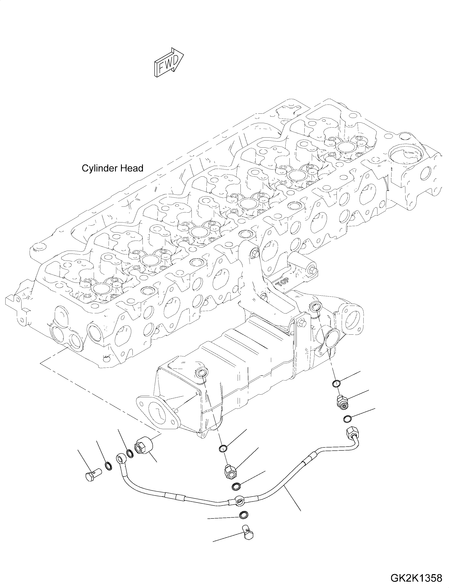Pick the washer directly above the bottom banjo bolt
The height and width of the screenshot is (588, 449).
tap(243, 515)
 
